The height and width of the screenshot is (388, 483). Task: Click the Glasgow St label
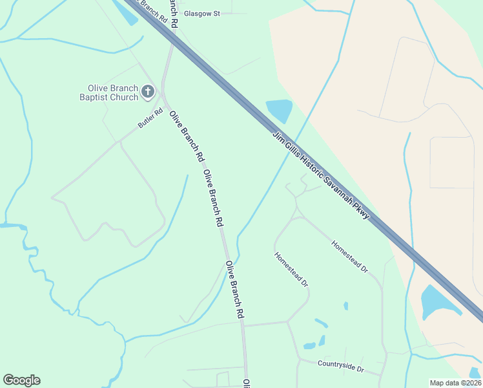pos(202,13)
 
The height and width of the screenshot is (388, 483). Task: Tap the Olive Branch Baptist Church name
pos(113,92)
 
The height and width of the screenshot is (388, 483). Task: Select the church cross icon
pos(148,92)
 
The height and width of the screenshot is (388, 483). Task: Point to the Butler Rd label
pos(150,117)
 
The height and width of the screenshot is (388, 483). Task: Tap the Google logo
pos(21,380)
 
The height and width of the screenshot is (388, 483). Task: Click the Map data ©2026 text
pos(455,383)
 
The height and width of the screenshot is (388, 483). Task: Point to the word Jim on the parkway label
pos(278,133)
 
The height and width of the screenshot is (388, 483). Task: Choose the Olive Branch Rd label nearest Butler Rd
pos(187,135)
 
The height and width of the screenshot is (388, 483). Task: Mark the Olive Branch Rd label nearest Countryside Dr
pos(234,289)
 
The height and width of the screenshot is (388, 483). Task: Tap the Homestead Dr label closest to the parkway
pos(349,256)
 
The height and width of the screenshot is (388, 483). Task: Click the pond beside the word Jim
pos(279,110)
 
